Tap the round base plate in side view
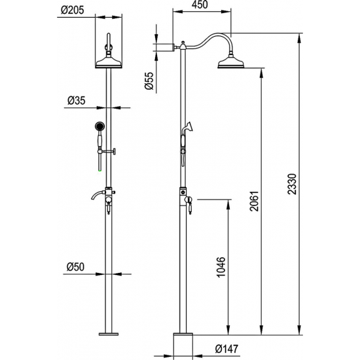click(184, 342)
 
